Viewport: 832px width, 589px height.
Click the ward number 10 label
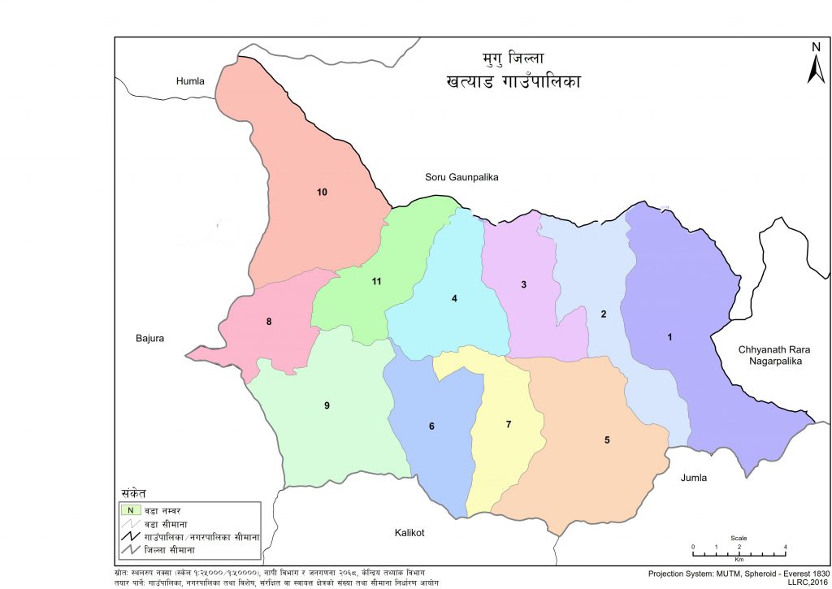[x=322, y=193]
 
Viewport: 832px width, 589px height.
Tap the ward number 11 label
[x=376, y=282]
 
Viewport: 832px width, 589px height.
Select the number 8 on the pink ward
[x=269, y=322]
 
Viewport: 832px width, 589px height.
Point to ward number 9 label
[x=327, y=405]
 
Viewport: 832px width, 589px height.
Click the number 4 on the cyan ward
[x=455, y=299]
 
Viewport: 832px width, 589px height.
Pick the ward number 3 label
[x=524, y=284]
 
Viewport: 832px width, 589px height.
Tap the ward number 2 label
[x=604, y=314]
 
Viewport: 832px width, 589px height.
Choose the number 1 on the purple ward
[x=669, y=337]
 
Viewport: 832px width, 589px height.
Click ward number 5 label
[x=606, y=440]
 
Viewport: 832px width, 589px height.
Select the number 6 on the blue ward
[x=431, y=427]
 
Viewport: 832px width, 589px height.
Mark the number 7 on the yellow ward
[x=509, y=425]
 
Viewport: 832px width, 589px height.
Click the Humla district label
[x=191, y=81]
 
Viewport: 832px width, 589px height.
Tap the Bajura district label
[x=150, y=338]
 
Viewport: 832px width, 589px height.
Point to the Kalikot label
[x=410, y=533]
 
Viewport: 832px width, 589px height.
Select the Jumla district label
[x=694, y=478]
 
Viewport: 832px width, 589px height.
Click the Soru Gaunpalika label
[x=461, y=177]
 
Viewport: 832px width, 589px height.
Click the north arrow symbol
[x=816, y=63]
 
